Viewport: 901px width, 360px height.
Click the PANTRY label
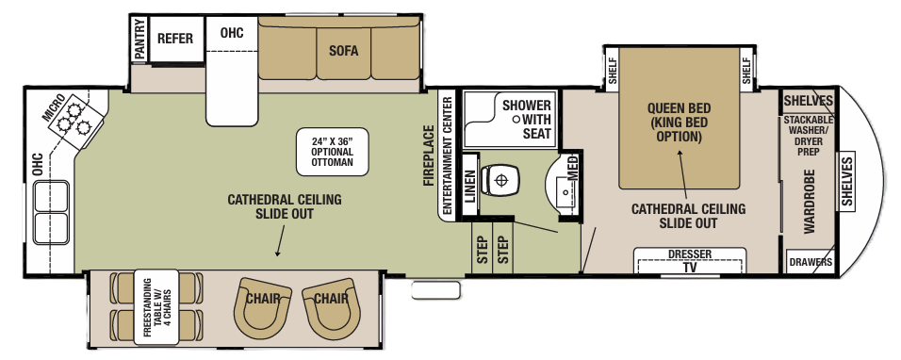tap(139, 40)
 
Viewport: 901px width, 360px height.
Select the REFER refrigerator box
tap(174, 39)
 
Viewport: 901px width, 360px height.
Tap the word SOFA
tap(343, 51)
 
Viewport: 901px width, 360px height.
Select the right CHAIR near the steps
tap(331, 303)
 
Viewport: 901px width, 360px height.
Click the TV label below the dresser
tap(690, 267)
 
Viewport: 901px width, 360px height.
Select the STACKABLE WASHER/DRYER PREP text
tap(809, 136)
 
